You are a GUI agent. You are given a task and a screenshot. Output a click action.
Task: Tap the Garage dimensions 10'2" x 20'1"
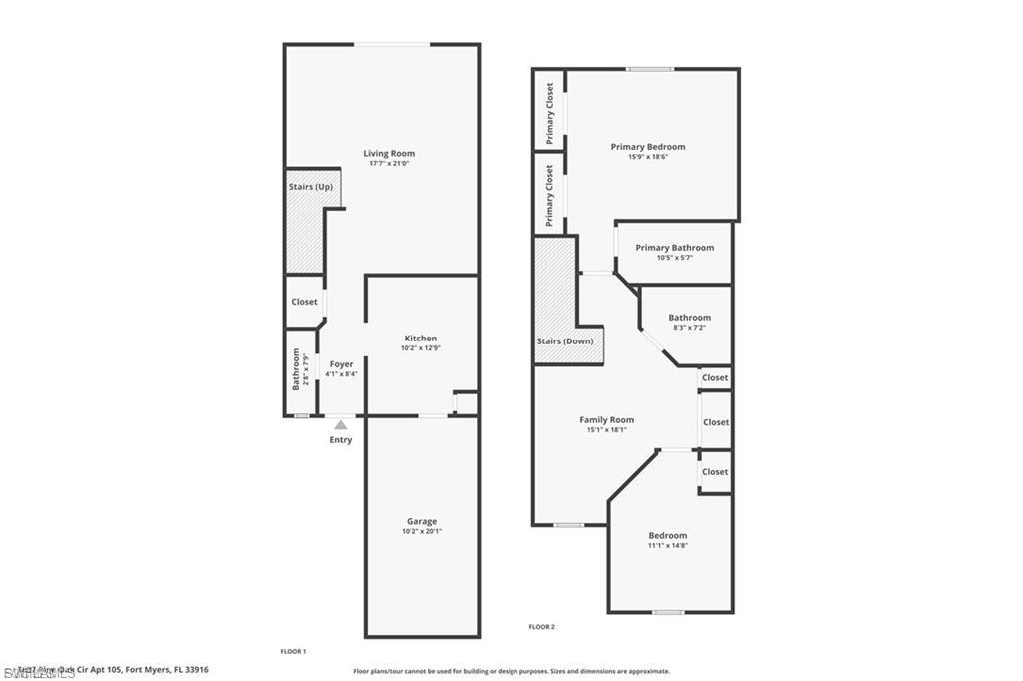pyautogui.click(x=421, y=531)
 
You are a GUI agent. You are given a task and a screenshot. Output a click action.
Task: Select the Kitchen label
pyautogui.click(x=420, y=339)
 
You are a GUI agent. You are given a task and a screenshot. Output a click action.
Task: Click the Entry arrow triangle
pyautogui.click(x=340, y=425)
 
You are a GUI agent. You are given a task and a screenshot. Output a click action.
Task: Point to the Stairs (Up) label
pyautogui.click(x=310, y=187)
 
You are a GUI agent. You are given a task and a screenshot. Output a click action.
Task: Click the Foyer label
pyautogui.click(x=341, y=364)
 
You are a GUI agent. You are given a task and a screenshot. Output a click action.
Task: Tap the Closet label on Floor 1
pyautogui.click(x=304, y=302)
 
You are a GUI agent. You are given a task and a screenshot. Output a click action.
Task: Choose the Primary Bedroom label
pyautogui.click(x=648, y=147)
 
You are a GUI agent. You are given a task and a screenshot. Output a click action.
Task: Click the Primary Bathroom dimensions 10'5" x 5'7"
pyautogui.click(x=674, y=258)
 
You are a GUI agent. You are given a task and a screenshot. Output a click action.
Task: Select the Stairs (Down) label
pyautogui.click(x=564, y=341)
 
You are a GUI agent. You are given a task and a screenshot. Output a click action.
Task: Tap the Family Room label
pyautogui.click(x=606, y=420)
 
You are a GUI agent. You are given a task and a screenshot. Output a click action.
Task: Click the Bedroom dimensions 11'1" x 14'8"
pyautogui.click(x=667, y=546)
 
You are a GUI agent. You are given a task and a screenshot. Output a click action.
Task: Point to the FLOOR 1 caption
pyautogui.click(x=293, y=651)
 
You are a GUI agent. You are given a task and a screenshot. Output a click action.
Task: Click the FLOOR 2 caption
pyautogui.click(x=541, y=627)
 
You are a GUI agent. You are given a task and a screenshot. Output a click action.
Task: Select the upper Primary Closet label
pyautogui.click(x=549, y=113)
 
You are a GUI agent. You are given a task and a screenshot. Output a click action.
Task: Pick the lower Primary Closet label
pyautogui.click(x=549, y=195)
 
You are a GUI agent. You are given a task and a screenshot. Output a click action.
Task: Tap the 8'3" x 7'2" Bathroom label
pyautogui.click(x=689, y=318)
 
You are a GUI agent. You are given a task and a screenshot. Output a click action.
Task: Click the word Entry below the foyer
pyautogui.click(x=340, y=440)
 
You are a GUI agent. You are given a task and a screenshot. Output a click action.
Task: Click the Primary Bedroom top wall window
pyautogui.click(x=649, y=69)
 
